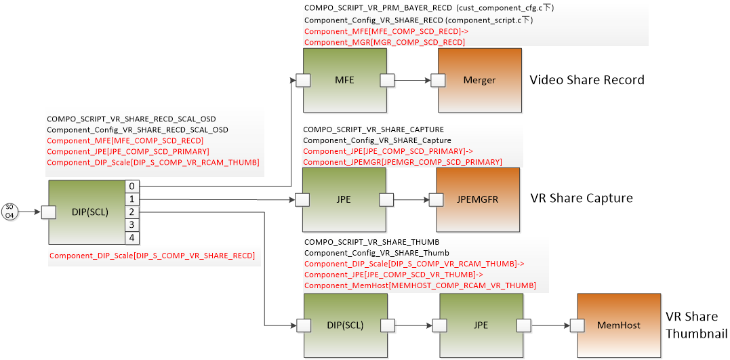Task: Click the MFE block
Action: point(345,80)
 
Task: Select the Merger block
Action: point(480,80)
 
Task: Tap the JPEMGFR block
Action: point(477,200)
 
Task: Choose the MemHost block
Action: point(618,325)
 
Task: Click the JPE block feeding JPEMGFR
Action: point(344,200)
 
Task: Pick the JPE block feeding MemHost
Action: point(481,325)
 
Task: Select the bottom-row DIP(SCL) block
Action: point(345,325)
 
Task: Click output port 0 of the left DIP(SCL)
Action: point(132,186)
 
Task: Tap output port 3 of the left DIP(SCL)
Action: point(132,225)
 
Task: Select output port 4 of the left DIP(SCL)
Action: point(132,238)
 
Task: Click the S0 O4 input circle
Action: point(9,212)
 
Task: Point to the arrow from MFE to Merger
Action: point(413,81)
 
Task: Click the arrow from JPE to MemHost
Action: point(550,326)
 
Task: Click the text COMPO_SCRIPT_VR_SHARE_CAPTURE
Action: point(364,129)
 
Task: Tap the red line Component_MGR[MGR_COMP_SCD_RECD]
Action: point(384,42)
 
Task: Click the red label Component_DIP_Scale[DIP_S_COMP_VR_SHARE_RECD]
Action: point(152,256)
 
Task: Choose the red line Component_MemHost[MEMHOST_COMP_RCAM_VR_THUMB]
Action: point(420,285)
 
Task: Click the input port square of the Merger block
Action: point(439,81)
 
